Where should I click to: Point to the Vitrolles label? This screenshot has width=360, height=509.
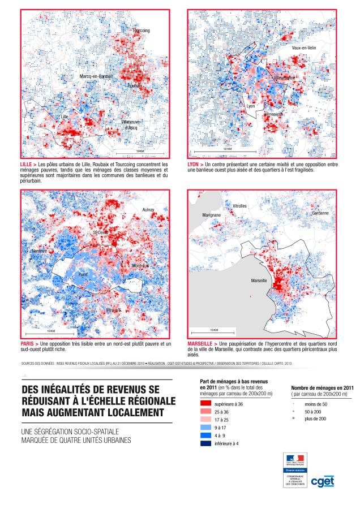(239, 206)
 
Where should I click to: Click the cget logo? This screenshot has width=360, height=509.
(323, 481)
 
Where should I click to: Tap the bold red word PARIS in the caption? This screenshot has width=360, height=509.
(28, 344)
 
